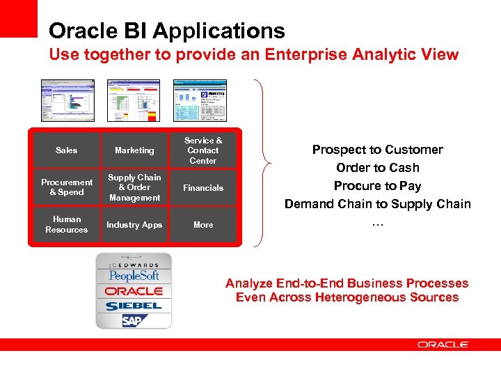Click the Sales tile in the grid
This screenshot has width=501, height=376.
(x=67, y=150)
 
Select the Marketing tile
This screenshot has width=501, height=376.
(x=134, y=150)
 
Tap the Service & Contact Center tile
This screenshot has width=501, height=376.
(x=202, y=150)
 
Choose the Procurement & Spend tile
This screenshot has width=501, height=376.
(x=67, y=187)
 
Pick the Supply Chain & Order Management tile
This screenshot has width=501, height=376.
(x=134, y=187)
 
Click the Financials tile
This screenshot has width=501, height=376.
(x=202, y=187)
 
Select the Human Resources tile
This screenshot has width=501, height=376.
(x=67, y=224)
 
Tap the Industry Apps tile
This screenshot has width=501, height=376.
(x=134, y=224)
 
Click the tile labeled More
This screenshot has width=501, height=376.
(x=202, y=224)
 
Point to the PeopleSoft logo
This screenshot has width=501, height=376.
(x=134, y=276)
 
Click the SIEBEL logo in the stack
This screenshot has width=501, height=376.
(x=134, y=306)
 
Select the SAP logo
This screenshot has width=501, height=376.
(x=132, y=320)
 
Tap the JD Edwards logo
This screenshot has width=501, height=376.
(x=134, y=265)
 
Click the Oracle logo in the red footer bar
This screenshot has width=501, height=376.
(x=443, y=344)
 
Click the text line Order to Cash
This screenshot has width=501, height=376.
(x=377, y=168)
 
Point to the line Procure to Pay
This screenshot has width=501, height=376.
(x=377, y=186)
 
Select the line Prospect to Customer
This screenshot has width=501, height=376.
(x=377, y=150)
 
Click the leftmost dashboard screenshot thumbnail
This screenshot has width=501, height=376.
(x=67, y=100)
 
